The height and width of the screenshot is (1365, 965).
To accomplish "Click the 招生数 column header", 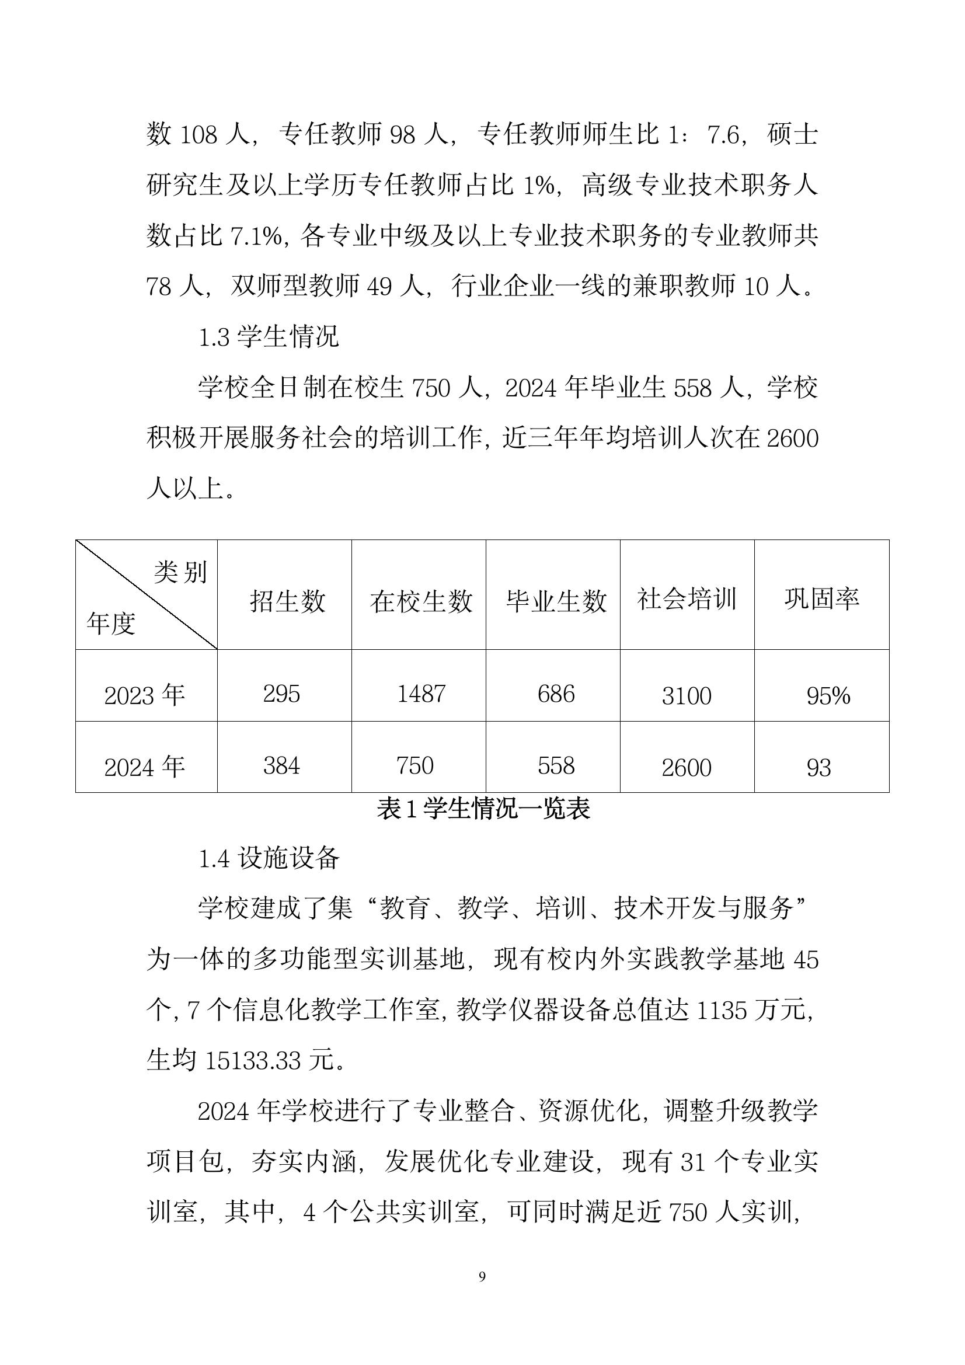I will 287,601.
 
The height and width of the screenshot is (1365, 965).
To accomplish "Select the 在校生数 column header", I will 421,601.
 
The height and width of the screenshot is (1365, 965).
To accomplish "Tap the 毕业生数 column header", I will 556,601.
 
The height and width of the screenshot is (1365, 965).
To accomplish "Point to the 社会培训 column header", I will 687,598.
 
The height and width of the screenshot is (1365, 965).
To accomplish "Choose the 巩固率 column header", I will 822,598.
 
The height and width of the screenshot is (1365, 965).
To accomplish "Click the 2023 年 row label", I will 144,695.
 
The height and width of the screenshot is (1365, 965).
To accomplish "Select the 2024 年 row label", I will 144,767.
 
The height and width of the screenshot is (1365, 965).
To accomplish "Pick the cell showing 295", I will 281,694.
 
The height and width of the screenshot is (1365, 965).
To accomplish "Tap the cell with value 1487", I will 421,694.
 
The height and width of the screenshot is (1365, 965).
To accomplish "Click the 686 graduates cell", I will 556,694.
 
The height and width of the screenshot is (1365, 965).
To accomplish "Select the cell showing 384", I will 281,766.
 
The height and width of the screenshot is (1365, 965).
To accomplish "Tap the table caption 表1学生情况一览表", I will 483,809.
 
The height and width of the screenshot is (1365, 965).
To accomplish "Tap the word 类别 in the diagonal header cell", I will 180,572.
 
